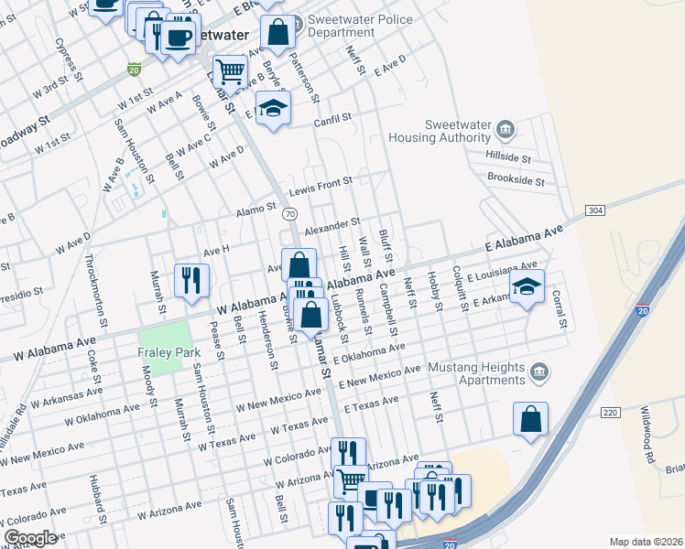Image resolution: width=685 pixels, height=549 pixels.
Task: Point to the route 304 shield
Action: [x=595, y=211]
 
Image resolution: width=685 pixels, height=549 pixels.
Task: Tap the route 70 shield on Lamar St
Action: [x=289, y=213]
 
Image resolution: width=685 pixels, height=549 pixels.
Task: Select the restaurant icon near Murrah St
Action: [x=191, y=279]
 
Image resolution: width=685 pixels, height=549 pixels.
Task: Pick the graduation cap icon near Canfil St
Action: [x=273, y=107]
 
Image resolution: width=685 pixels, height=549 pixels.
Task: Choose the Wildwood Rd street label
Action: [x=647, y=435]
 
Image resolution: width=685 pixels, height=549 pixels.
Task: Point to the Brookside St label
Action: [x=516, y=180]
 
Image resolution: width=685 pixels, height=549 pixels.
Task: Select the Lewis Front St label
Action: [x=321, y=187]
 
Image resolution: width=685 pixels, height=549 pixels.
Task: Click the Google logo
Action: [x=30, y=538]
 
